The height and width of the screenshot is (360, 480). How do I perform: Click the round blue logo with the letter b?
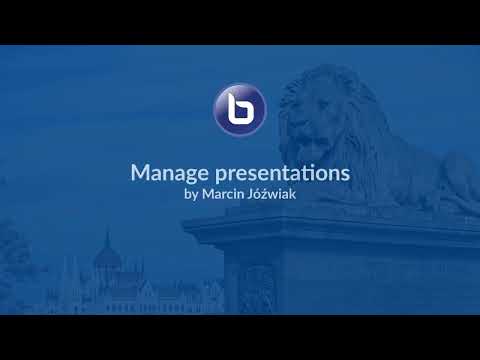[x=240, y=109]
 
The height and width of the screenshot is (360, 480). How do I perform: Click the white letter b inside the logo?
[x=240, y=109]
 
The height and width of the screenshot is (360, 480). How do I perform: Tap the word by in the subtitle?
[x=192, y=194]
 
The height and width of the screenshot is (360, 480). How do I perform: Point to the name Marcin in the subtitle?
[x=227, y=194]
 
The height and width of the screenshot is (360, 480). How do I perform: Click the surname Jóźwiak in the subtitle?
[x=275, y=194]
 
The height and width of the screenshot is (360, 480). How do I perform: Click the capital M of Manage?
[x=140, y=172]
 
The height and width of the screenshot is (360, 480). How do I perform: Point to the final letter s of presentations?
[x=344, y=173]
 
